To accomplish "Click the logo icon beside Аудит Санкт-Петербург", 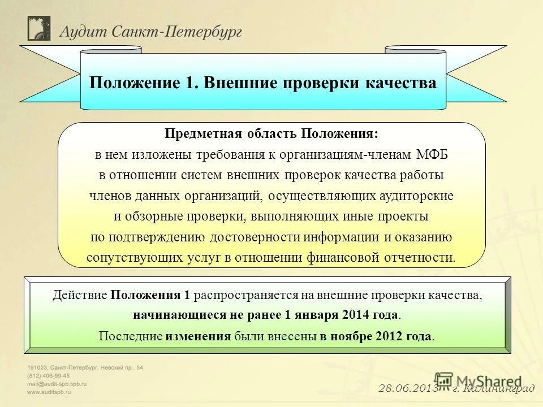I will pos(38,28).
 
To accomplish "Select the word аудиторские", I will pos(417,196).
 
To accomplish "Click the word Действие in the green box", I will pos(80,295).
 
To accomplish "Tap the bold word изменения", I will pos(198,336).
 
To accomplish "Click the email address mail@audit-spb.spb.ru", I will pos(56,383).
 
